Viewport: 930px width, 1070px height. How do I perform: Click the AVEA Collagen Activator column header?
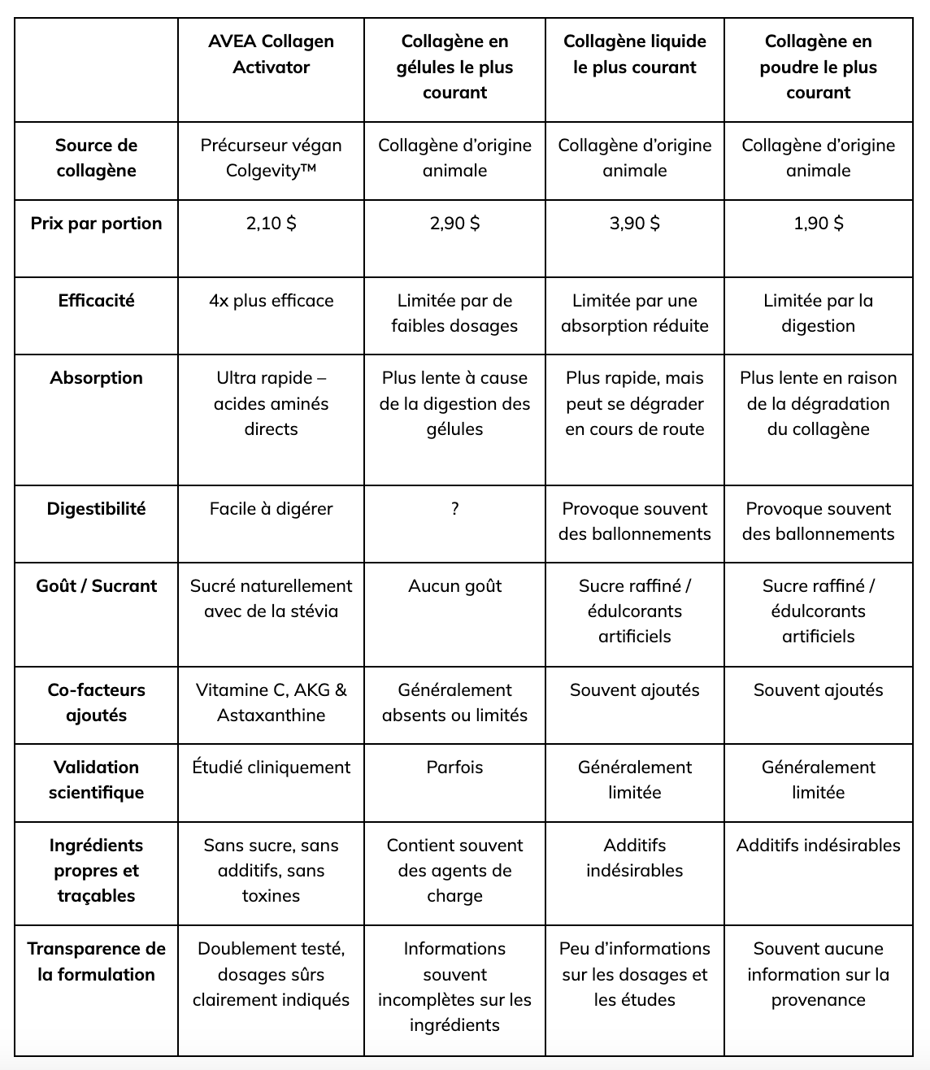(271, 54)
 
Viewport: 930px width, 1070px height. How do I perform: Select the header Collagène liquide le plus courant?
(634, 54)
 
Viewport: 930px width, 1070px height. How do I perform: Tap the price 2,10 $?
(271, 223)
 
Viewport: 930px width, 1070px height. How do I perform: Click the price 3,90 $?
(634, 223)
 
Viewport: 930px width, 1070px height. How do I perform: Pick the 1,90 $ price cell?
(818, 223)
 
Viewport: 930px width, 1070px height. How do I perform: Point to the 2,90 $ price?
(454, 223)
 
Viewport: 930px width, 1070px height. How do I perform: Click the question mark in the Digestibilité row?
(454, 509)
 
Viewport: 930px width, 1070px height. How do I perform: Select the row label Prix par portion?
(96, 223)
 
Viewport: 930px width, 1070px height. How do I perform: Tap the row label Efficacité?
(96, 300)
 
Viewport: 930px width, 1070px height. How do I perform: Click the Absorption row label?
(96, 377)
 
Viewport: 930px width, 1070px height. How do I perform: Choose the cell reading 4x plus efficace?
(271, 300)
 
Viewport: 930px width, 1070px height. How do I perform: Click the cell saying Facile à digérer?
(271, 509)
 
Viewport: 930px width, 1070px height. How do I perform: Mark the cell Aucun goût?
(454, 586)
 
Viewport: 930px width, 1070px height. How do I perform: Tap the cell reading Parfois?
(454, 767)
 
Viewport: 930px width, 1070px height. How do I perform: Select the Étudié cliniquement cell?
(271, 767)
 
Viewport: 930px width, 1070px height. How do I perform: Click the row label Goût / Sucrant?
(96, 586)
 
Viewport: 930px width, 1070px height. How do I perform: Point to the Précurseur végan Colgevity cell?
(271, 158)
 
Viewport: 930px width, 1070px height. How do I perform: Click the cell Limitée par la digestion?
(818, 313)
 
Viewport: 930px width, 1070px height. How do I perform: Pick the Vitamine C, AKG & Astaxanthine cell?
(271, 702)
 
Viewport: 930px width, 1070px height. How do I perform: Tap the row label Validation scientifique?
(96, 780)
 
